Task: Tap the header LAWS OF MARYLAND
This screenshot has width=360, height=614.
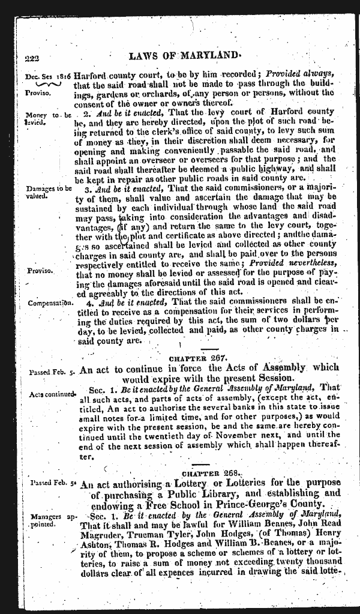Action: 184,56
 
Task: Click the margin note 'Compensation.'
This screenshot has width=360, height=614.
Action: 50,302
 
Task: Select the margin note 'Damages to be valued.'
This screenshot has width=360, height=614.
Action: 49,191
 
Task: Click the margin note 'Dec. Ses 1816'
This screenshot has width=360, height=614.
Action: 48,76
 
